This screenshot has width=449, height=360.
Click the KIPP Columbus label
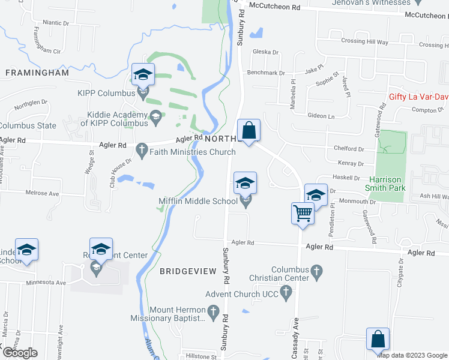[106, 94]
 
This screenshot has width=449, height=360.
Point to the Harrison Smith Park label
[387, 184]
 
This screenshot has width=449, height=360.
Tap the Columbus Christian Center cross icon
[318, 274]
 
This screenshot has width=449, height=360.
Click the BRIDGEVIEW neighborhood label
[188, 271]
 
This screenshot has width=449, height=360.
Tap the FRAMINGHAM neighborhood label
[37, 73]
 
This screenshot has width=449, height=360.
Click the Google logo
[19, 353]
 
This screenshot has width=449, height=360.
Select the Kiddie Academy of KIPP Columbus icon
[156, 115]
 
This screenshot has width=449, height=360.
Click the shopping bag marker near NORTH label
[249, 130]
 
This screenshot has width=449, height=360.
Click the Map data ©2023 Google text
[413, 355]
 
